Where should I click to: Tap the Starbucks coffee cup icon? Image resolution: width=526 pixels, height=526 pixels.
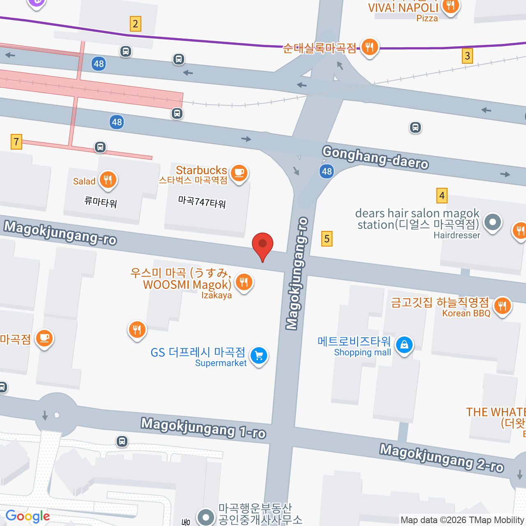(239, 173)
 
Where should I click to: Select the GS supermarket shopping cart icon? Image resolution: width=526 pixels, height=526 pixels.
(259, 355)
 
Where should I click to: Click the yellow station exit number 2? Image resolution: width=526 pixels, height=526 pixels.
(135, 24)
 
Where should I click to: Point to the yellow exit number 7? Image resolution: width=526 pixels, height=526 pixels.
(16, 142)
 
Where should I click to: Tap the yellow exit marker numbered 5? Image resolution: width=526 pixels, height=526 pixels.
(327, 238)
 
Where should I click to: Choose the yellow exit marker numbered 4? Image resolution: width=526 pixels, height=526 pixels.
(442, 195)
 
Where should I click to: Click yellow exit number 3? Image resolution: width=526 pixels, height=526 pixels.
(467, 55)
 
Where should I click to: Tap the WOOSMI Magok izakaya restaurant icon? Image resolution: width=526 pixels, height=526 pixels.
(244, 282)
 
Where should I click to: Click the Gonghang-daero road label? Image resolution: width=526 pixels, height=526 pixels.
(375, 157)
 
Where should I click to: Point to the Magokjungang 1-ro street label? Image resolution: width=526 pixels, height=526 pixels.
(203, 428)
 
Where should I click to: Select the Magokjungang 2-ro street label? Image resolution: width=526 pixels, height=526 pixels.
(442, 457)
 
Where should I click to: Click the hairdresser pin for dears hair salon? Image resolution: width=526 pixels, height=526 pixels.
(493, 222)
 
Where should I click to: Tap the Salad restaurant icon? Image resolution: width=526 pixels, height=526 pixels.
(108, 180)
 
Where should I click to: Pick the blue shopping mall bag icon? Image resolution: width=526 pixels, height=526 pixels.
(404, 345)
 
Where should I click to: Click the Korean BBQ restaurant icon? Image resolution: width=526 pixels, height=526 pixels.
(502, 306)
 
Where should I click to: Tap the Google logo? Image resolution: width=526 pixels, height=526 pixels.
(28, 516)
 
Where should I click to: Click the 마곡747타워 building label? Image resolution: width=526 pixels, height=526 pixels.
(202, 202)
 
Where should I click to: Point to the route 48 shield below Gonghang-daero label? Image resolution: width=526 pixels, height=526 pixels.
(327, 171)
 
